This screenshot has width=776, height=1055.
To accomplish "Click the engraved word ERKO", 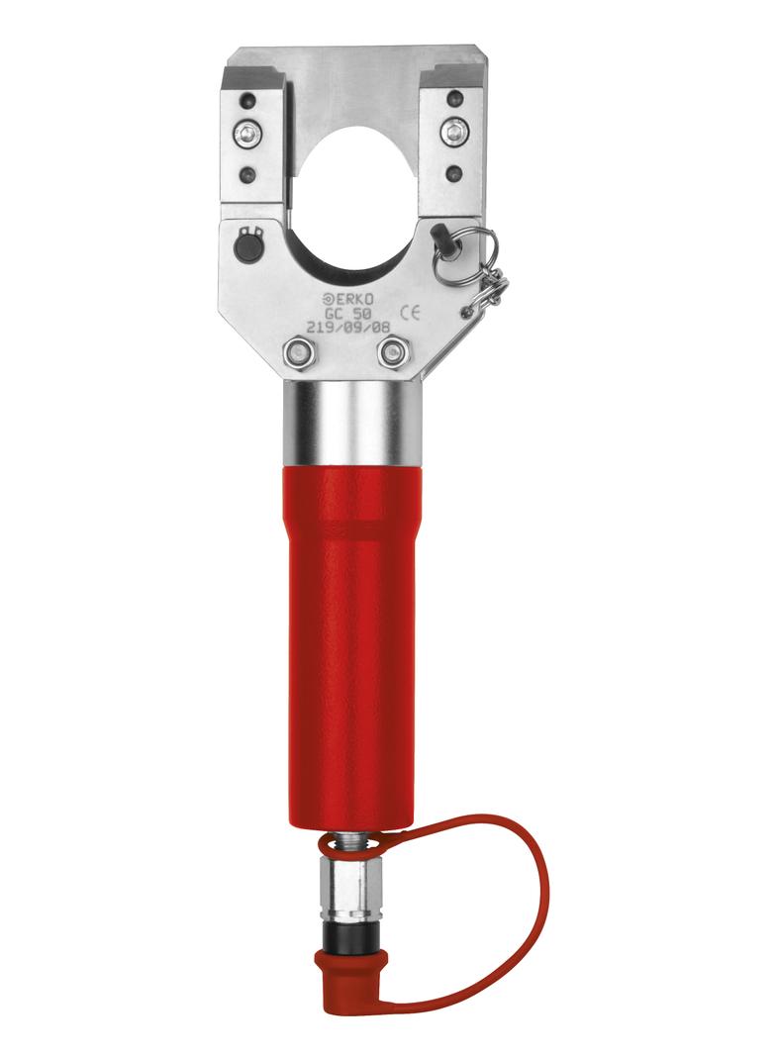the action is pos(354,298).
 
